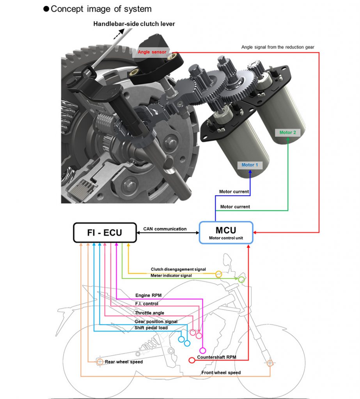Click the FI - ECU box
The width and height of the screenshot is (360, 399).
tap(105, 233)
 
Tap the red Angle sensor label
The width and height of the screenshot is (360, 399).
tap(152, 52)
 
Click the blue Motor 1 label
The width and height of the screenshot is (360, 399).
tap(250, 165)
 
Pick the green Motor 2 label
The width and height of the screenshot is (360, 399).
tap(287, 132)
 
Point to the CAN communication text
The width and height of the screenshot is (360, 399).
tap(165, 229)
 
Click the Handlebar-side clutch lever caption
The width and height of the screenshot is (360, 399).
tap(134, 24)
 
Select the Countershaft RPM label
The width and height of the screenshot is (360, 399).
tap(216, 357)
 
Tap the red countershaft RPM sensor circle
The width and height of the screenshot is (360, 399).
tap(192, 360)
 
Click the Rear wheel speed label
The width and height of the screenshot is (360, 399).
tap(124, 362)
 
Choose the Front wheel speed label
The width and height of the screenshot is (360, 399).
tap(221, 373)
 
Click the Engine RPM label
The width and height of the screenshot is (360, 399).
tap(148, 295)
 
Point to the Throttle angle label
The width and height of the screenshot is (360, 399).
tap(149, 313)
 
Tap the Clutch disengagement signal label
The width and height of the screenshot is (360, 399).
tap(178, 269)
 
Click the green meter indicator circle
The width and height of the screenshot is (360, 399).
tap(241, 279)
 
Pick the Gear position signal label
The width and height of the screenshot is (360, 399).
tap(156, 321)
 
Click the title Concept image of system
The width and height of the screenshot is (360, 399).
tap(101, 9)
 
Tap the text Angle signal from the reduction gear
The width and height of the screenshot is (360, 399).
tap(278, 47)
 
